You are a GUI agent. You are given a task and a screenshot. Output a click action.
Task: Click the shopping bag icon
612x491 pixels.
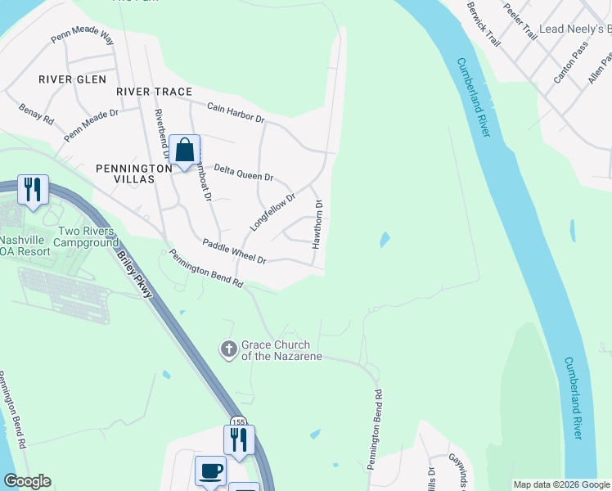tap(185, 151)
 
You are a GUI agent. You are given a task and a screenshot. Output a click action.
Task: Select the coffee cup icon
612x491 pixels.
tap(210, 471)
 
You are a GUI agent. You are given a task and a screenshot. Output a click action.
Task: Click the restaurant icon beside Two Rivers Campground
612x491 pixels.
tap(32, 190)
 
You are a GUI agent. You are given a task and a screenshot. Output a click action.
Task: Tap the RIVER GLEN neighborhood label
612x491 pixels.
tap(73, 79)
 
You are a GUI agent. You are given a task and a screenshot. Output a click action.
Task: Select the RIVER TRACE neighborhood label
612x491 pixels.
tap(154, 92)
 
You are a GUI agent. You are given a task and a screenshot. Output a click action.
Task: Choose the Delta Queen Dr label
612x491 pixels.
tap(243, 173)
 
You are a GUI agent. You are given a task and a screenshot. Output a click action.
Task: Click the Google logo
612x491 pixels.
tap(27, 481)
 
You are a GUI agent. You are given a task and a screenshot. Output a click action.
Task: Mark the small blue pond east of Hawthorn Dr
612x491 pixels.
tap(384, 240)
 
